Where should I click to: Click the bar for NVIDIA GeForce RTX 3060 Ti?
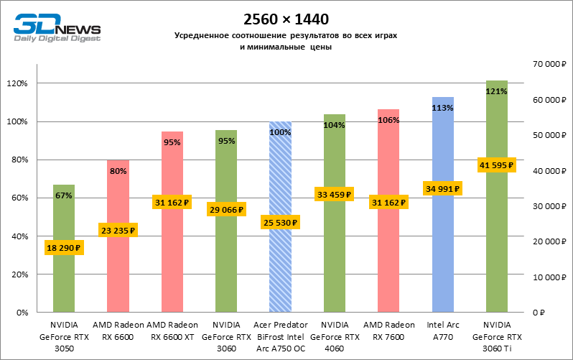tap(497, 237)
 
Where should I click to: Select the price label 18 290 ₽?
tap(64, 248)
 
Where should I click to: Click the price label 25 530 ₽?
tap(280, 223)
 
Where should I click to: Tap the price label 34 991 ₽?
tap(442, 189)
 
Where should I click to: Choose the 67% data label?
tap(64, 195)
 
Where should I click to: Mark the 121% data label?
tap(497, 91)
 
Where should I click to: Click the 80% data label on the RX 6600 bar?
tap(118, 171)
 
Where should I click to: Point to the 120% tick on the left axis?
tap(17, 83)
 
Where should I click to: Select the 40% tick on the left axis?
tap(19, 236)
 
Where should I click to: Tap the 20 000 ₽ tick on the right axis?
tap(546, 242)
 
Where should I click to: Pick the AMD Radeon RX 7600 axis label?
tap(388, 331)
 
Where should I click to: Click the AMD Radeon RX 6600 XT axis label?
tap(172, 331)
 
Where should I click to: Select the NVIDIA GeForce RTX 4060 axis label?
tap(335, 336)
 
